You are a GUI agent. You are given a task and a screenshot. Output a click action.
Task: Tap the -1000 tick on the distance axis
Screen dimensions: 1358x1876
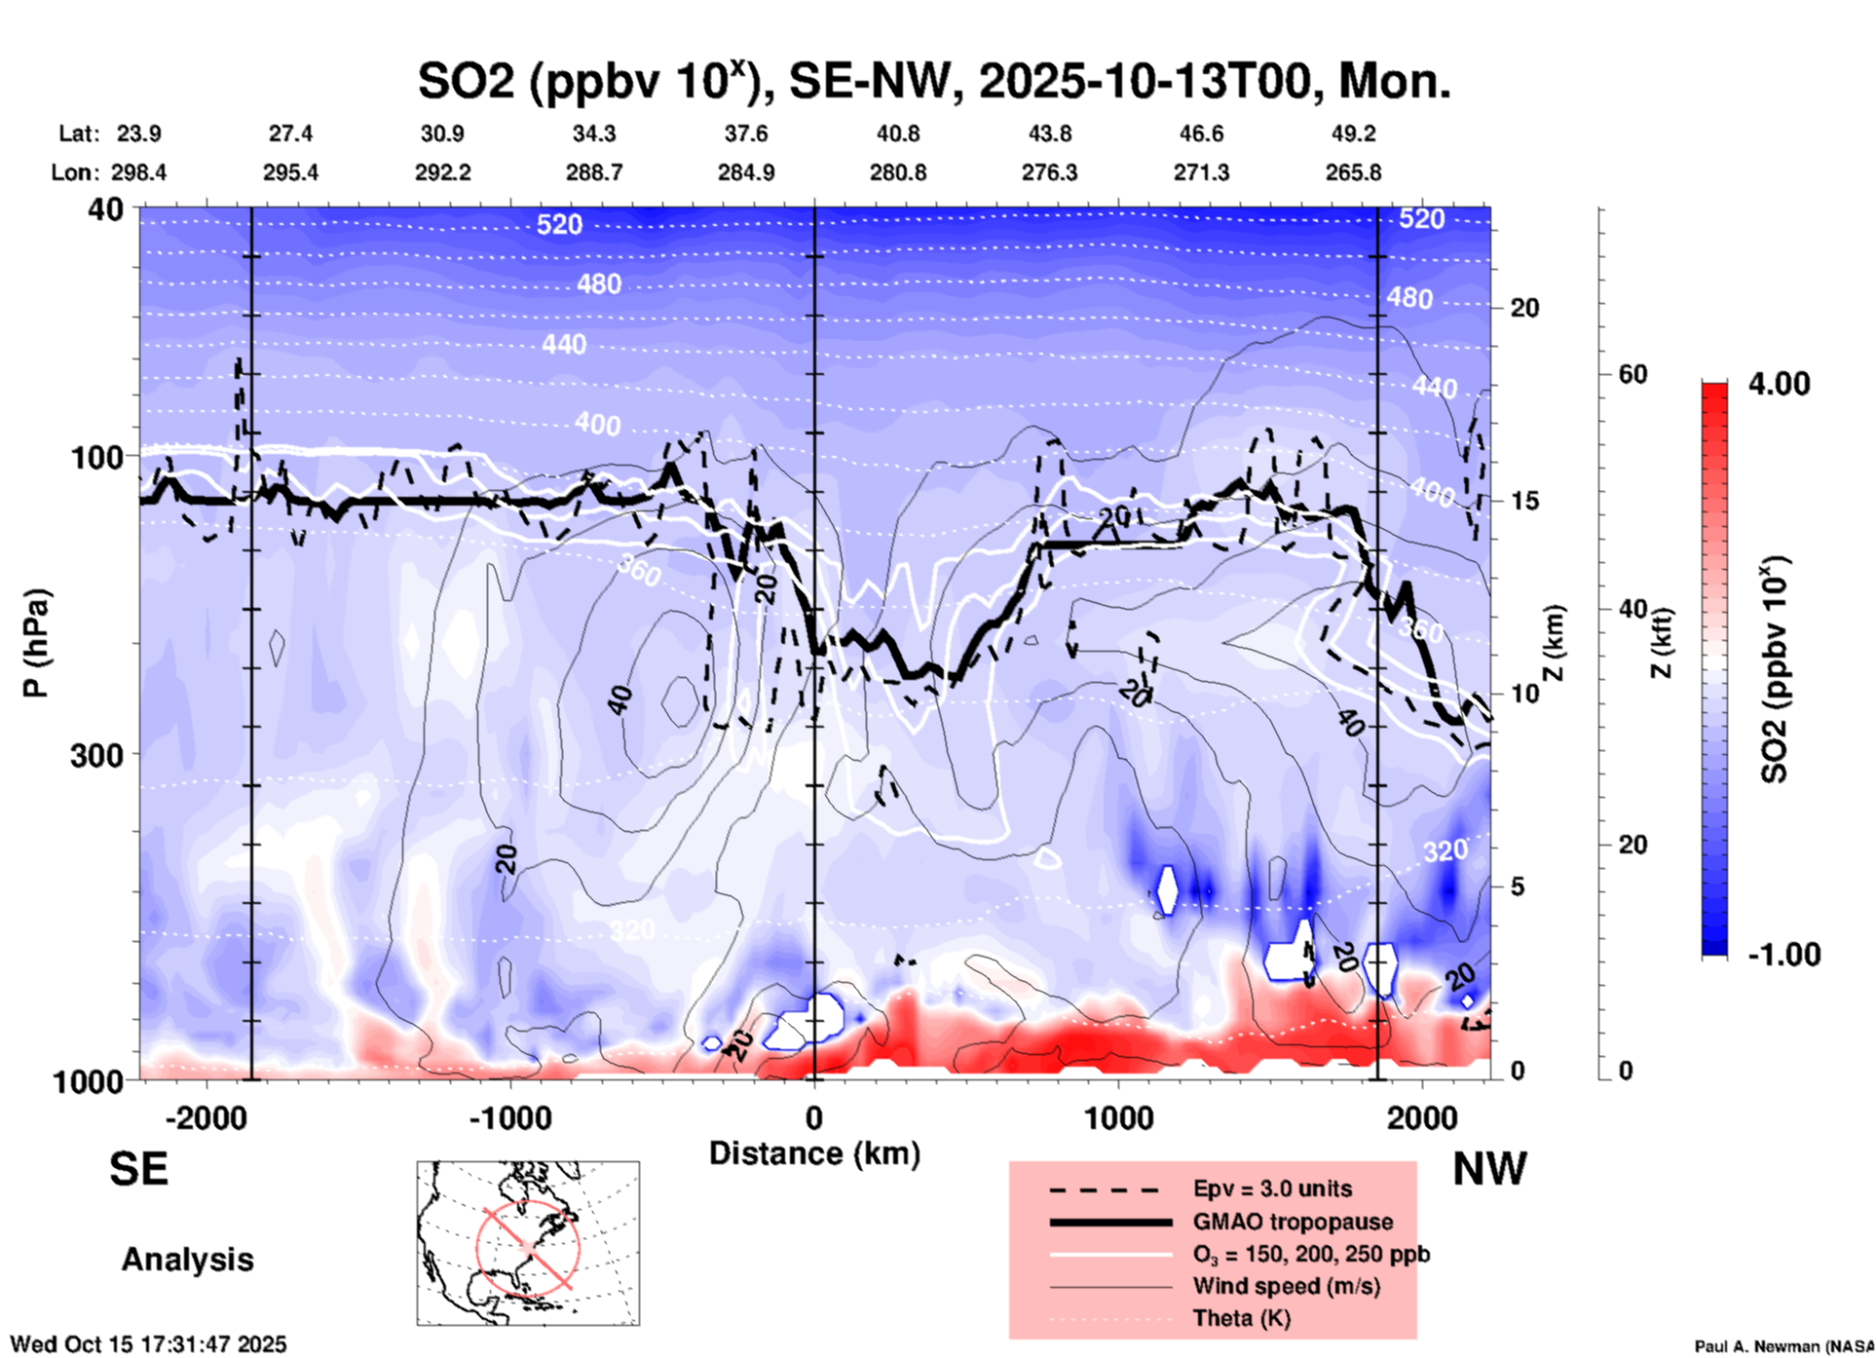[510, 1117]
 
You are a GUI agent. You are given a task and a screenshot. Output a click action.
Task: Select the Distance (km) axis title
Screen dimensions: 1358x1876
[814, 1153]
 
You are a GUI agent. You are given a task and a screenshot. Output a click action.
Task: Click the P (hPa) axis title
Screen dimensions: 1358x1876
[35, 643]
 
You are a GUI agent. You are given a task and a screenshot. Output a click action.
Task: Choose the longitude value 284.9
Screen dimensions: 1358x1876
[746, 172]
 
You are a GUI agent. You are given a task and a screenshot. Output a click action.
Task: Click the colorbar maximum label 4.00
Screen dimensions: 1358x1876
[1779, 384]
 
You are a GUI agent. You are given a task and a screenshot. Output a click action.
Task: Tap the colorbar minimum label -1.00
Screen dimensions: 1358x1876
[1783, 954]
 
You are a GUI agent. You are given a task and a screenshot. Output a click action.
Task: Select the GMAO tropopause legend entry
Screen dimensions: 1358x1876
[1292, 1222]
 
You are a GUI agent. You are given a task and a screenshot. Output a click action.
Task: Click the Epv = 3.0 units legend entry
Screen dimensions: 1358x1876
[1271, 1188]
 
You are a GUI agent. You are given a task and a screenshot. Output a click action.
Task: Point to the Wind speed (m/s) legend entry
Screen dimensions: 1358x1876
[1286, 1286]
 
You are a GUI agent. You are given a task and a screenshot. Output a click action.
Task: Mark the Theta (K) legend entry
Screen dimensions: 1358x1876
[1241, 1318]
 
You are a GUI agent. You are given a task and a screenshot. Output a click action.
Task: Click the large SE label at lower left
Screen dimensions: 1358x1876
[138, 1168]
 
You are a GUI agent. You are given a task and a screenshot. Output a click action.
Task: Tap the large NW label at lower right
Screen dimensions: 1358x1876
[1489, 1168]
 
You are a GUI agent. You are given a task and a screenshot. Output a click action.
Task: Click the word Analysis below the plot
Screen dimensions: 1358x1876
[187, 1259]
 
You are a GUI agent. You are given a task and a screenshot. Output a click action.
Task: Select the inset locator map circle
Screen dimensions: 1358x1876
[528, 1247]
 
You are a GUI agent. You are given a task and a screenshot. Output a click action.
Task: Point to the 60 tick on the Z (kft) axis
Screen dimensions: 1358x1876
[1632, 374]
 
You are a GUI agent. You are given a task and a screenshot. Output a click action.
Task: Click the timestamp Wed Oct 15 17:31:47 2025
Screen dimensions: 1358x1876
[148, 1344]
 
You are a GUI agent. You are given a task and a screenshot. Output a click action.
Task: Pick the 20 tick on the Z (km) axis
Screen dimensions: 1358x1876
[1524, 309]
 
